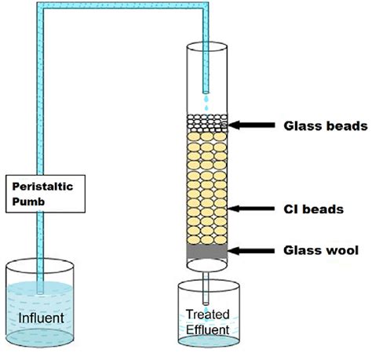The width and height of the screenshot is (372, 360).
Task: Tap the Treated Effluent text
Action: (207, 322)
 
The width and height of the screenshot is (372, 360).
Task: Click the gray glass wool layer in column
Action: (206, 250)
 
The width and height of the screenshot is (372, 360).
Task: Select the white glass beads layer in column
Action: (206, 122)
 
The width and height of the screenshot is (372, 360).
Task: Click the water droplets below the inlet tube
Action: (206, 100)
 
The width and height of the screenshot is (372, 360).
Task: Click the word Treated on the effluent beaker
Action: (207, 315)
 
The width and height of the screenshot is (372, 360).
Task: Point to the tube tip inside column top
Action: (206, 86)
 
